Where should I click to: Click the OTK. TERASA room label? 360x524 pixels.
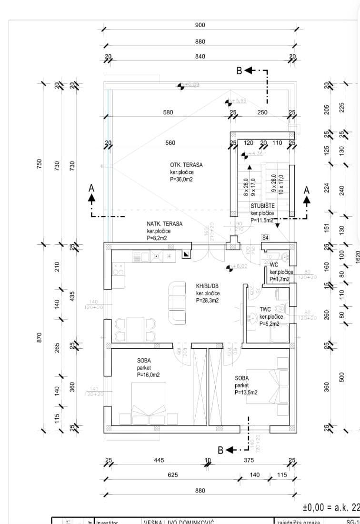tap(186, 165)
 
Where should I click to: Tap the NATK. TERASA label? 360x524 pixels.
tap(164, 223)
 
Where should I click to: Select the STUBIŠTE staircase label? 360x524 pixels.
tap(262, 206)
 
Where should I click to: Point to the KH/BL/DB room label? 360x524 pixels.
tap(208, 286)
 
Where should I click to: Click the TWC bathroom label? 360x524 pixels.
tap(265, 309)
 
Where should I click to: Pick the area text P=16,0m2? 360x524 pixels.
tap(148, 375)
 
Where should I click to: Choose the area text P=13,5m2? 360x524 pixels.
tap(246, 393)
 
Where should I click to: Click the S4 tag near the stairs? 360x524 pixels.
tap(265, 237)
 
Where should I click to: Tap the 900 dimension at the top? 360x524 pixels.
tap(200, 25)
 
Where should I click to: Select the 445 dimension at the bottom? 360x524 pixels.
tap(159, 460)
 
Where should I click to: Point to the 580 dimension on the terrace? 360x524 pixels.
tap(168, 112)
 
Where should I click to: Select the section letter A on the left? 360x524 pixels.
tap(91, 189)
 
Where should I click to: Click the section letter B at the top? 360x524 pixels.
tap(240, 71)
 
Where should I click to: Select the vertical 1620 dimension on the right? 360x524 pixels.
tap(357, 256)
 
